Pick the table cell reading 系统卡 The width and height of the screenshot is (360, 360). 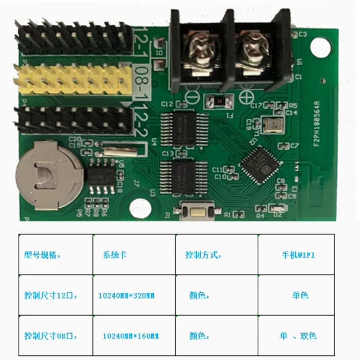tap(115, 255)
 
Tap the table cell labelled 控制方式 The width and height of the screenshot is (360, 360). tap(203, 255)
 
